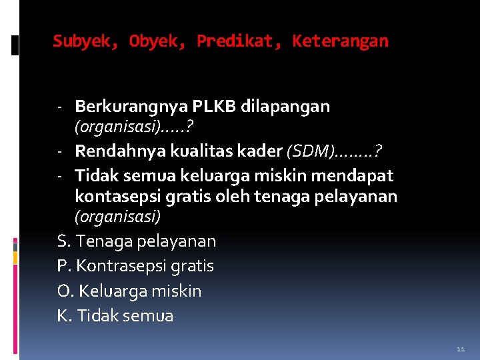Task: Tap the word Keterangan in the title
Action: tap(340, 41)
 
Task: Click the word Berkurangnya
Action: tap(131, 107)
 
